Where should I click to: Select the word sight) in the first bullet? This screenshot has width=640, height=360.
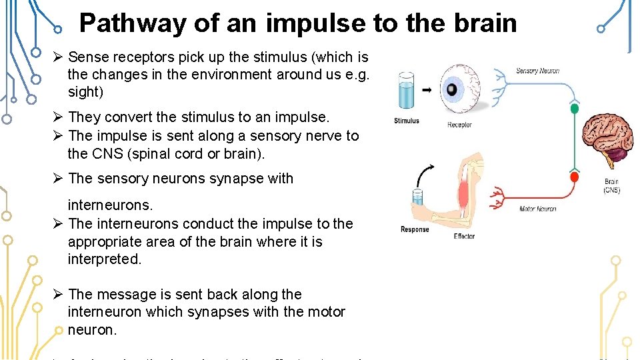pyautogui.click(x=85, y=93)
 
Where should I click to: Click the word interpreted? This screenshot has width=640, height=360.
pyautogui.click(x=105, y=259)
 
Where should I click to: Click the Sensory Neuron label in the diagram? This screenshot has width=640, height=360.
pyautogui.click(x=537, y=71)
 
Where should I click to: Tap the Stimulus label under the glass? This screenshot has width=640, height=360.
pyautogui.click(x=406, y=121)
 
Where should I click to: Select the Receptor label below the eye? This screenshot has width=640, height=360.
pyautogui.click(x=459, y=125)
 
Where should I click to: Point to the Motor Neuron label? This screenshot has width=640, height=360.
pyautogui.click(x=538, y=209)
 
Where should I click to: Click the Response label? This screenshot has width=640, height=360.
pyautogui.click(x=415, y=229)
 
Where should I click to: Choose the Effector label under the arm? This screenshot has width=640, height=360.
pyautogui.click(x=464, y=236)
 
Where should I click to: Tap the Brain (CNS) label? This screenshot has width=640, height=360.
pyautogui.click(x=611, y=185)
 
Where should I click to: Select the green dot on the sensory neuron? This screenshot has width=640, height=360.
pyautogui.click(x=574, y=108)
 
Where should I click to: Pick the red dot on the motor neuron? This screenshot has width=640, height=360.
pyautogui.click(x=574, y=177)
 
